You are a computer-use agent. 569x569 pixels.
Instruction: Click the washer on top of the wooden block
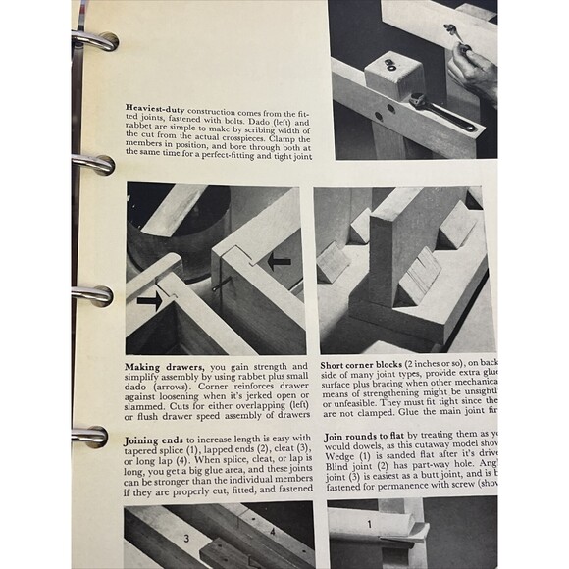click(390, 65)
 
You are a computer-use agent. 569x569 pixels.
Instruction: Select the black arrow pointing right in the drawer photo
click(149, 300)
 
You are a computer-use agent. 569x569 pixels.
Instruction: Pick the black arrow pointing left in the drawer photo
click(280, 262)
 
